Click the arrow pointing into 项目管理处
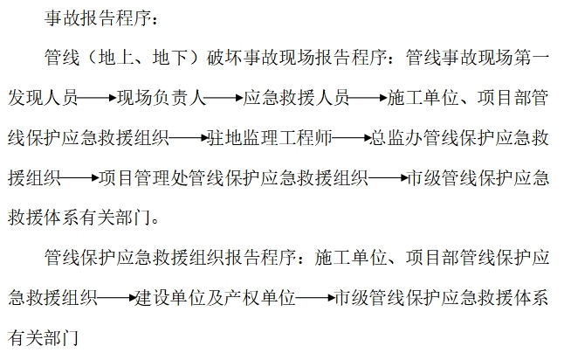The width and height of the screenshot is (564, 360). click(79, 177)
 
